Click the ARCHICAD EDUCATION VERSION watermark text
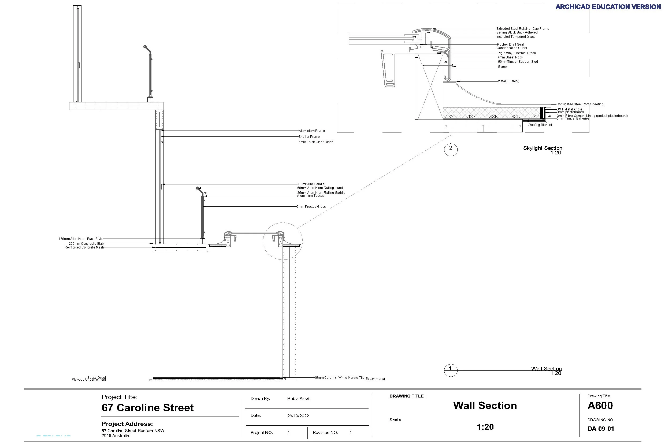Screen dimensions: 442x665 [608, 7]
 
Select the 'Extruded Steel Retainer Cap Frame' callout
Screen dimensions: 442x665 [523, 28]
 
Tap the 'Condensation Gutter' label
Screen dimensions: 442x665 [512, 48]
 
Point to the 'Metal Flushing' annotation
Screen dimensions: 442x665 [508, 81]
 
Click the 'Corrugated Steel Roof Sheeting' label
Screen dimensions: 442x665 [580, 104]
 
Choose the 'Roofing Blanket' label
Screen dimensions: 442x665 [540, 125]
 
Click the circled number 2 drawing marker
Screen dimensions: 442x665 [451, 149]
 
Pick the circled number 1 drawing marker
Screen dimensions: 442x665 [451, 370]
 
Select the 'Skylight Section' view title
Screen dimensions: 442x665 [543, 148]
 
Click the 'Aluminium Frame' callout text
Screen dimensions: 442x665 [311, 131]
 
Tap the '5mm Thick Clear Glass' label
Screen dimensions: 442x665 [316, 142]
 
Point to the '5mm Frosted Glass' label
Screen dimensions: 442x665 [311, 207]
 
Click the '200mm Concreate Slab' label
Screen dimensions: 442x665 [86, 244]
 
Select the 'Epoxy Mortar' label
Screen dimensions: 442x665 [375, 379]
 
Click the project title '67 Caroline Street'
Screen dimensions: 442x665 [147, 408]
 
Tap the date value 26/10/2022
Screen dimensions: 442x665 [298, 416]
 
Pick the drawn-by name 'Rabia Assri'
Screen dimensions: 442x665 [298, 399]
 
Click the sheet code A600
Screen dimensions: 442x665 [600, 406]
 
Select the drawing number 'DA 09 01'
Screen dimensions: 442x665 [601, 429]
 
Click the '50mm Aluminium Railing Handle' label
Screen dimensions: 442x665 [321, 188]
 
